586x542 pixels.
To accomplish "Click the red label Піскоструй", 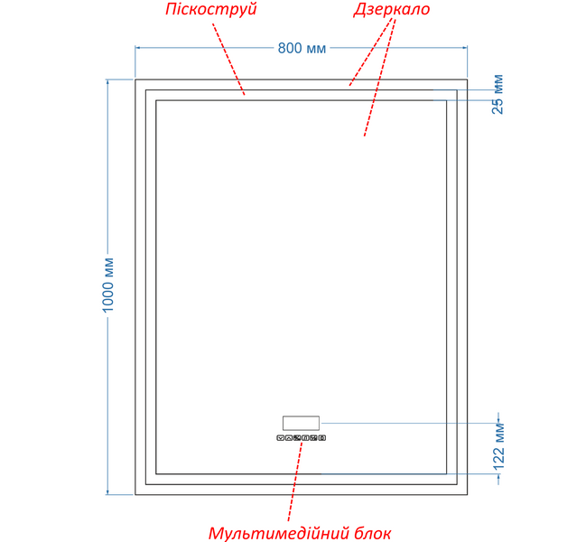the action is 211,9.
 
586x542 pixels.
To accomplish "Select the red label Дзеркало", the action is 392,9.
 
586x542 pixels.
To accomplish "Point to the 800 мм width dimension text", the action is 302,48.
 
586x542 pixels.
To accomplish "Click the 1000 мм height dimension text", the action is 107,285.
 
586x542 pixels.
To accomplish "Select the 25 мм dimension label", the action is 498,94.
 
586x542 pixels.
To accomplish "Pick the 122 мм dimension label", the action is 499,446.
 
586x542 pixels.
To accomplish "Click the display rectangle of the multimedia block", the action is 301,423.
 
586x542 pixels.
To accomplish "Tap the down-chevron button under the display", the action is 280,438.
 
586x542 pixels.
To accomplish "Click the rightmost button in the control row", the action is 322,438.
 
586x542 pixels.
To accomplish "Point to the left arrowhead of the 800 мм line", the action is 137,48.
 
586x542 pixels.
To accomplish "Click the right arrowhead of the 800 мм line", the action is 465,48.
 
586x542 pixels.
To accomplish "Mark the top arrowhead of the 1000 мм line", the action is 107,82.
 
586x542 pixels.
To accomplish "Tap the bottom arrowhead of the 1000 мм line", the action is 107,492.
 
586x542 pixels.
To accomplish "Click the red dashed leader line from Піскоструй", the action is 228,59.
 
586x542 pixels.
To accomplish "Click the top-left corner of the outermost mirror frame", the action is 135,79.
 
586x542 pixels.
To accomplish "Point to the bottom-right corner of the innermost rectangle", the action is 447,474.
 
